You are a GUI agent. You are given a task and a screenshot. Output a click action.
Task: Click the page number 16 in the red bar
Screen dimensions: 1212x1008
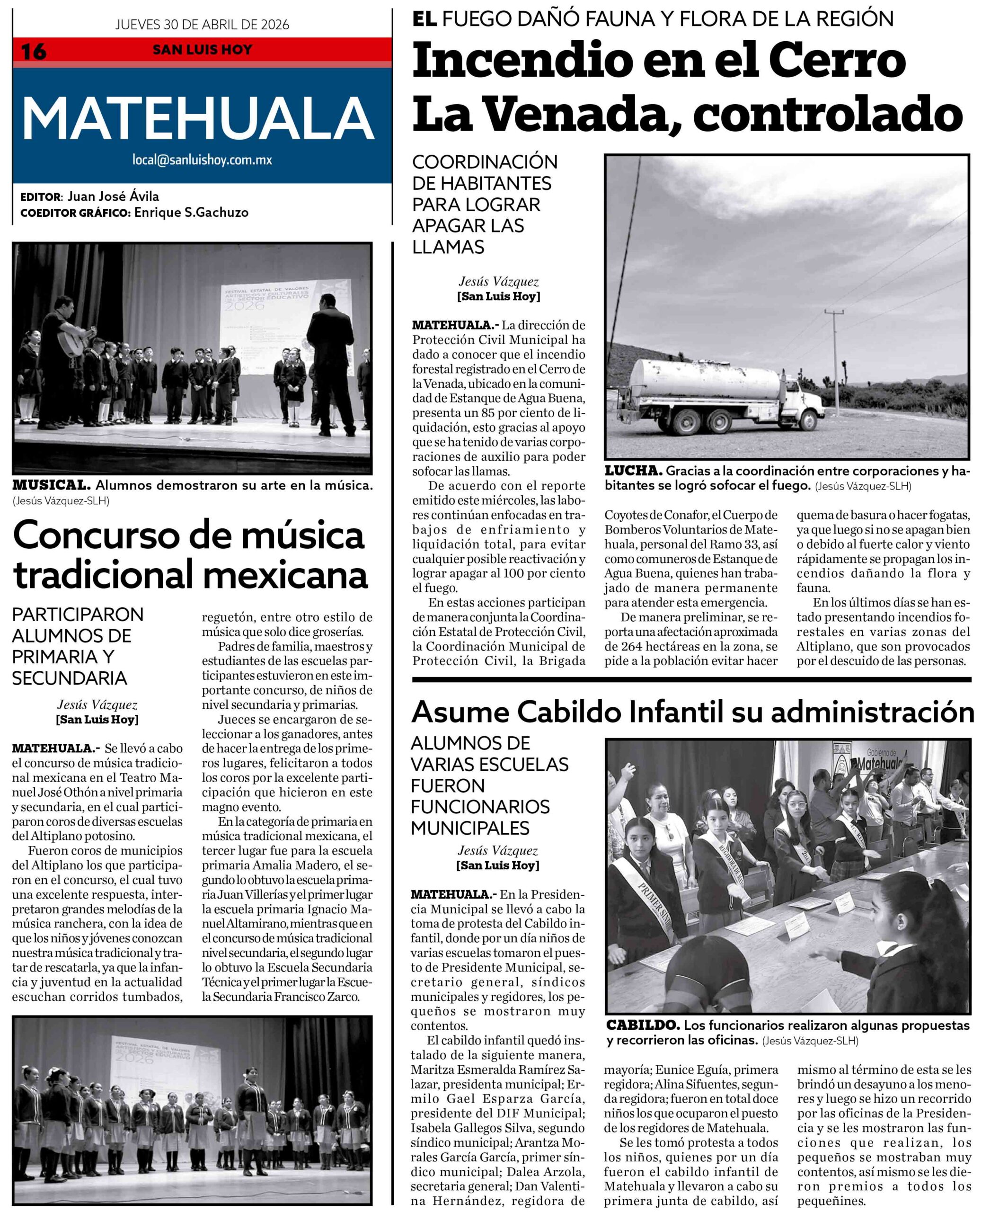click(x=34, y=51)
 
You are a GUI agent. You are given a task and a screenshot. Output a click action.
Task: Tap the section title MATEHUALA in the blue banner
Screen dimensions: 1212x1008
click(x=198, y=118)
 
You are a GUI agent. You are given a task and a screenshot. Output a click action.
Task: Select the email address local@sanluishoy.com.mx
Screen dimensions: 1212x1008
click(x=202, y=160)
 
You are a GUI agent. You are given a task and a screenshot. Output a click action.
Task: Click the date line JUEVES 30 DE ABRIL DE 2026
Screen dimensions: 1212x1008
click(x=202, y=25)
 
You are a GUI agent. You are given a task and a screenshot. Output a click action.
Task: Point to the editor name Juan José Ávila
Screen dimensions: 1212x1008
click(x=113, y=196)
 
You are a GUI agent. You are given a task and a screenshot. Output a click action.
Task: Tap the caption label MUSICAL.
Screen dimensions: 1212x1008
click(x=52, y=485)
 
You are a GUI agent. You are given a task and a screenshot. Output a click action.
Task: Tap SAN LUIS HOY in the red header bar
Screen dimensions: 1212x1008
click(x=202, y=50)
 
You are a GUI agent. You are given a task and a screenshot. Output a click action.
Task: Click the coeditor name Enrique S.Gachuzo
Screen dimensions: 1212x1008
click(x=191, y=213)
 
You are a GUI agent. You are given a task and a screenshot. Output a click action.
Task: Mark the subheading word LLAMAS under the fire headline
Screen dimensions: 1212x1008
click(x=448, y=247)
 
